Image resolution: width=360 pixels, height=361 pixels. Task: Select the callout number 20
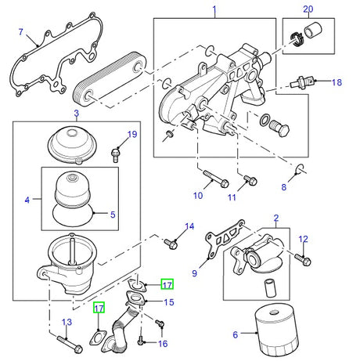[x=308, y=9]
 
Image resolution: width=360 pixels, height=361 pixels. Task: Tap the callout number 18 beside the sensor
[x=337, y=82]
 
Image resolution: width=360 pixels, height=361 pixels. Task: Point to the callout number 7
[x=21, y=34]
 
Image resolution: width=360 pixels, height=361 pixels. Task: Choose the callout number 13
[x=67, y=323]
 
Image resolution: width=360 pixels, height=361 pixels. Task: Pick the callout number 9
[x=195, y=273]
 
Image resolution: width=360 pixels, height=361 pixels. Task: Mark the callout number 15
[x=168, y=301]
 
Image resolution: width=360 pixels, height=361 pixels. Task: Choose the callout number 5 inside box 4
[x=112, y=212]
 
